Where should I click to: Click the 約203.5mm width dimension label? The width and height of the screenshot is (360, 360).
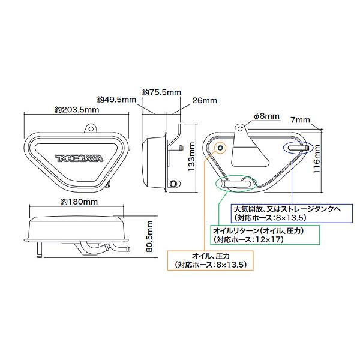pyautogui.click(x=77, y=110)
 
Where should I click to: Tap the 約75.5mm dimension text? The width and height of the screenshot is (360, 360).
pyautogui.click(x=161, y=92)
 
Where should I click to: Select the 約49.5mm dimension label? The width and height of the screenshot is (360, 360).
pyautogui.click(x=116, y=100)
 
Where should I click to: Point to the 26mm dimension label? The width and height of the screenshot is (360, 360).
pyautogui.click(x=205, y=101)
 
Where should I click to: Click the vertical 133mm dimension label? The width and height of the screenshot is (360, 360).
pyautogui.click(x=191, y=156)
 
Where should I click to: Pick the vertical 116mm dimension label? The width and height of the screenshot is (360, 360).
pyautogui.click(x=317, y=159)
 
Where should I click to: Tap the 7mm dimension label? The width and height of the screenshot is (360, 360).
pyautogui.click(x=300, y=120)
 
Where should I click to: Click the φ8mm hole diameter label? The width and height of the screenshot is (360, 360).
pyautogui.click(x=266, y=116)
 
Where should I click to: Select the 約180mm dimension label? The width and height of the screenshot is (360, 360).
pyautogui.click(x=79, y=202)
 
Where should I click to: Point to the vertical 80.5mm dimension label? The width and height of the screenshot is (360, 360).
pyautogui.click(x=149, y=236)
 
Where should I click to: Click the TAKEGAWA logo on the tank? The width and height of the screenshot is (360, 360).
pyautogui.click(x=79, y=158)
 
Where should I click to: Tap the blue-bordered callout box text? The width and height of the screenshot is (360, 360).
pyautogui.click(x=292, y=213)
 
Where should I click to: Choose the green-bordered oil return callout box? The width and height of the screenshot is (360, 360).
pyautogui.click(x=265, y=235)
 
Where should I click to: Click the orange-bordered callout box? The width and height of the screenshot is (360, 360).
pyautogui.click(x=211, y=260)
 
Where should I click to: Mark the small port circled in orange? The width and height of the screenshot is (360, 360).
pyautogui.click(x=220, y=148)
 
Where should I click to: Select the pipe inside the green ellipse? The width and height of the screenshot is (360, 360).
pyautogui.click(x=235, y=184)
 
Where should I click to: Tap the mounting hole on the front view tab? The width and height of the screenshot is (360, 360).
pyautogui.click(x=91, y=129)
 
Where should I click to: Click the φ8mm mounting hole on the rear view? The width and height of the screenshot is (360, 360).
pyautogui.click(x=240, y=128)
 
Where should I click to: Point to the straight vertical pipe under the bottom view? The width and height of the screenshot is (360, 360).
pyautogui.click(x=39, y=250)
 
